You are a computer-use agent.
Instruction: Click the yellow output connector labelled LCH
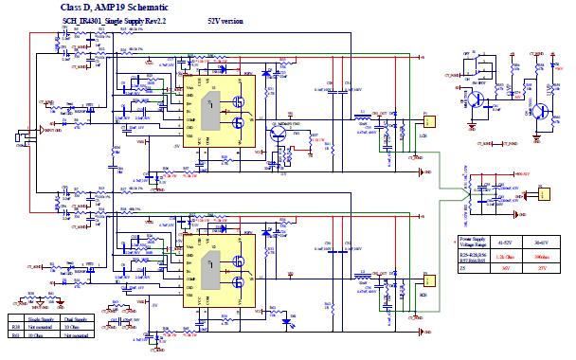tap(429, 123)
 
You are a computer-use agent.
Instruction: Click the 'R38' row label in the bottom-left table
tap(14, 327)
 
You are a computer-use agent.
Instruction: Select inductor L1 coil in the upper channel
tap(362, 117)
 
